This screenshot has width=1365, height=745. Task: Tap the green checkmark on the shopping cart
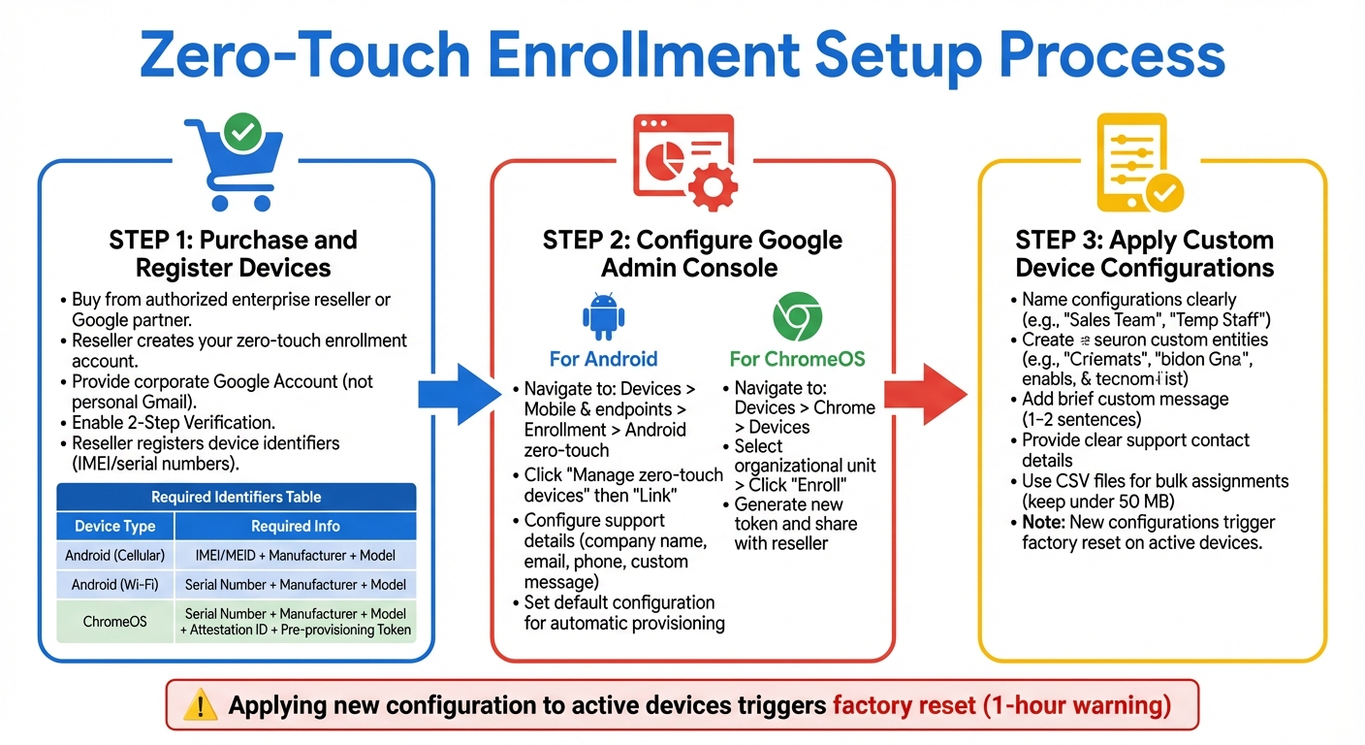[241, 132]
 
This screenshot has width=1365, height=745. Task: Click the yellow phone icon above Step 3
[1131, 162]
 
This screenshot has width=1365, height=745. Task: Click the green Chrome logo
[797, 317]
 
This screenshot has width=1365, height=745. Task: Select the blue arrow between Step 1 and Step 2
[458, 393]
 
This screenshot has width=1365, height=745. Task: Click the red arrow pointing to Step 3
[924, 393]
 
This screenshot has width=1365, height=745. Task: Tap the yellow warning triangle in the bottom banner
[201, 705]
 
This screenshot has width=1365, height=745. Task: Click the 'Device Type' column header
[114, 527]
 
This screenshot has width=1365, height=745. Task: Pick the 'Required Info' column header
[296, 527]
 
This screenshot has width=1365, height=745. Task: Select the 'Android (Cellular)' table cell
[114, 556]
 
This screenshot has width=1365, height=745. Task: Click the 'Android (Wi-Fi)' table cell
[114, 585]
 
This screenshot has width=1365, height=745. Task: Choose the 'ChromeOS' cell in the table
[114, 621]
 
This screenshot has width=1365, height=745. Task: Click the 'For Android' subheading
[603, 359]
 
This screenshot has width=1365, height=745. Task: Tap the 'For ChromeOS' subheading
[798, 359]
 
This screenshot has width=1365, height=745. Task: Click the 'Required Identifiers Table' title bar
[236, 497]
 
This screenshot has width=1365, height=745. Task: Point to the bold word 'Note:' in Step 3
[1043, 522]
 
